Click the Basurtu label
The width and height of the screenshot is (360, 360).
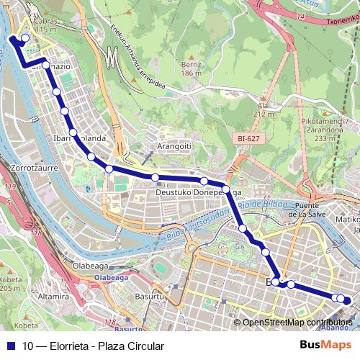(x=150, y=296)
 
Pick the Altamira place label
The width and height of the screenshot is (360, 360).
(x=53, y=296)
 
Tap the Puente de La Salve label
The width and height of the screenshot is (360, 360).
(x=312, y=210)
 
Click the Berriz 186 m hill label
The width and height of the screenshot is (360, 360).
(x=190, y=69)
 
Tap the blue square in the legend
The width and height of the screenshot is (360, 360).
(x=10, y=346)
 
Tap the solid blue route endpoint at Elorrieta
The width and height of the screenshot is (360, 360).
(x=12, y=39)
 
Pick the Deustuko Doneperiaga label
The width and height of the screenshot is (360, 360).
(x=198, y=194)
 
